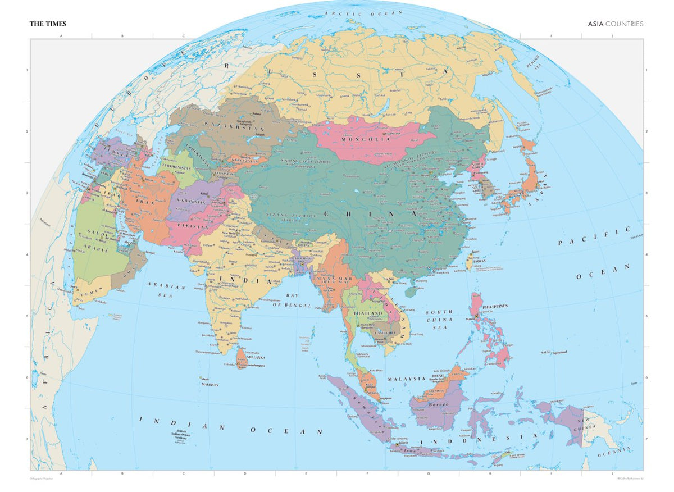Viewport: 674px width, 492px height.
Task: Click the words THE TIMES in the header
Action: tap(48, 24)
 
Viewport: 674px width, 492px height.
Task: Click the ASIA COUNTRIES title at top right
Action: tap(616, 24)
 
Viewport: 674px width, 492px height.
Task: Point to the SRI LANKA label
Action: tap(256, 357)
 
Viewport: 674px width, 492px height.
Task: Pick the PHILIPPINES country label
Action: tap(495, 306)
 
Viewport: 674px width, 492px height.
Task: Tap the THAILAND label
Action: tap(368, 313)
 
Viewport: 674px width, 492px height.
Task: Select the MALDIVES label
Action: tap(210, 385)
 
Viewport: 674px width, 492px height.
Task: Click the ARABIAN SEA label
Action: tap(166, 290)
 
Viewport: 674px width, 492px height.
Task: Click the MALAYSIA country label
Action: tap(406, 379)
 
